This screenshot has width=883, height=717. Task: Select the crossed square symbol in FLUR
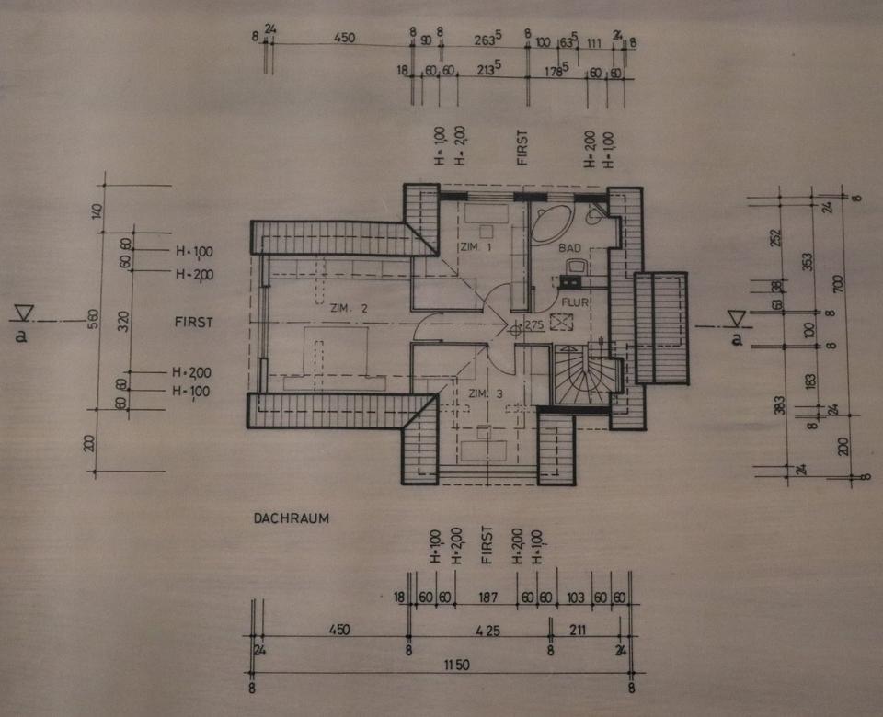pos(560,321)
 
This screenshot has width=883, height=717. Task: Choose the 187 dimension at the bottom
pos(487,597)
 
